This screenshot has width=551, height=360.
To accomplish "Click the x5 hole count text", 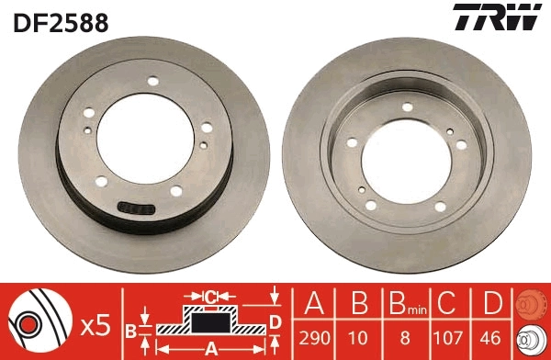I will [95, 324].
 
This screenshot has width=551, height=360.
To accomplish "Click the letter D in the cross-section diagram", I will [274, 321].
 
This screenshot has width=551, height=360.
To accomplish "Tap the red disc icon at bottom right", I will [532, 302].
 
